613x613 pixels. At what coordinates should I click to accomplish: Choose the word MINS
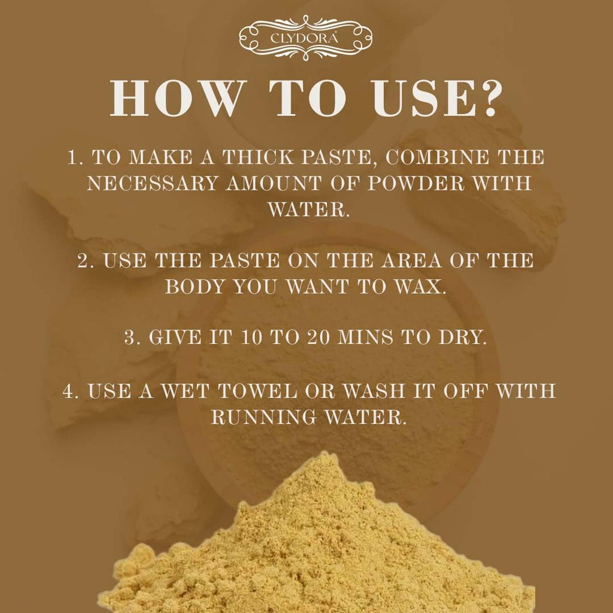click(370, 338)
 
